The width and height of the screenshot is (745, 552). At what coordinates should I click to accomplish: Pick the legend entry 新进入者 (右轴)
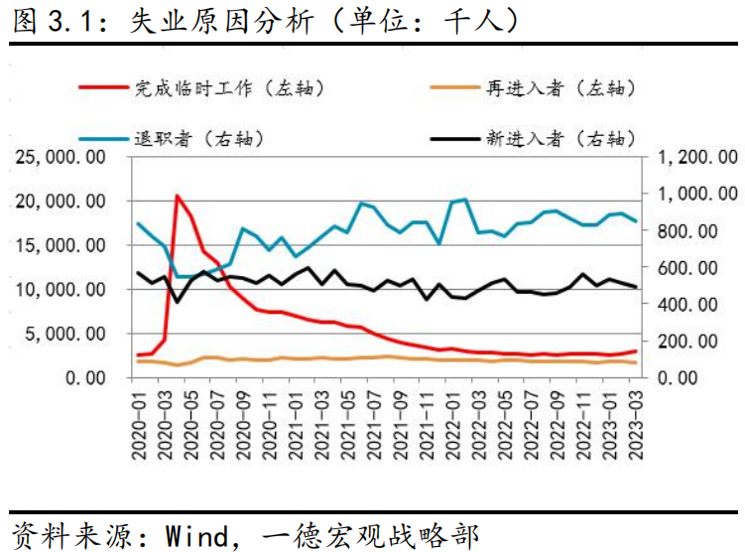click(x=559, y=137)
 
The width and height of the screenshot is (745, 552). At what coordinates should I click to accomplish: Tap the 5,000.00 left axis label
click(x=70, y=334)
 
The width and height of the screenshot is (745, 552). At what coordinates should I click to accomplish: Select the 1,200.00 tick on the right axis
click(x=701, y=157)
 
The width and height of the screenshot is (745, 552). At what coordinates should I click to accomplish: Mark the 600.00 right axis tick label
click(x=707, y=267)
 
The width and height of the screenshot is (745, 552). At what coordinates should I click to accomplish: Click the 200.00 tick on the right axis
click(x=707, y=342)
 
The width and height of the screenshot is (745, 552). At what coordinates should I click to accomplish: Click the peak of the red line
click(x=178, y=196)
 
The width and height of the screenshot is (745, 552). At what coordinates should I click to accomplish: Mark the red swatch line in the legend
click(x=103, y=87)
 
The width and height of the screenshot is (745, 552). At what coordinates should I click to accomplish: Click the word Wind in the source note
click(x=192, y=534)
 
